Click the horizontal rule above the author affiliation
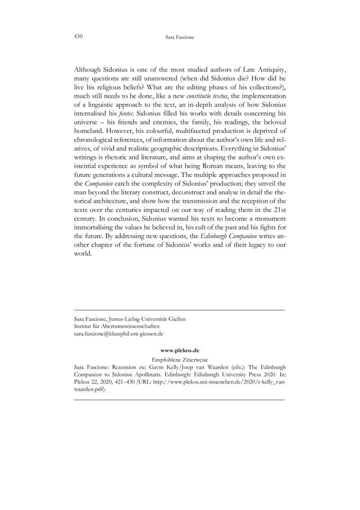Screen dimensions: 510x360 click(179, 310)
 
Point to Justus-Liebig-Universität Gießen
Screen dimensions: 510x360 click(147, 319)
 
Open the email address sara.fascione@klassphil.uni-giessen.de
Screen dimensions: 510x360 click(118, 334)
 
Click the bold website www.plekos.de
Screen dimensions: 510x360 click(179, 350)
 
